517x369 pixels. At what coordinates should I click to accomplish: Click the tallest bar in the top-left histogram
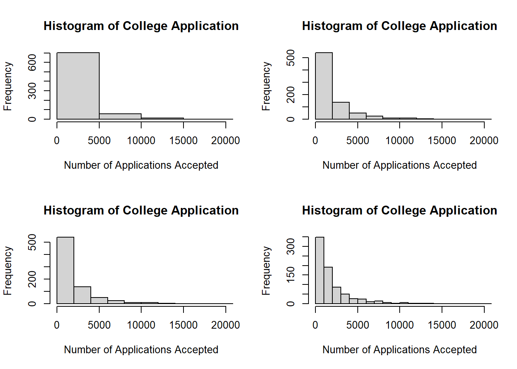(x=78, y=86)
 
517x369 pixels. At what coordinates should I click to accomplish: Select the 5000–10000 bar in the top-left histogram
(x=120, y=116)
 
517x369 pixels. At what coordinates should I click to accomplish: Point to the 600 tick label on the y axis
(x=32, y=62)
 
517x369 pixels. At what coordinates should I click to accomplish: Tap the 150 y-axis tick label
(x=291, y=275)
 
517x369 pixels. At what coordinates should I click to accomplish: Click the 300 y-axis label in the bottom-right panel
(x=291, y=246)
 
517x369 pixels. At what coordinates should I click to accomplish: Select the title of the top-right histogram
(x=399, y=26)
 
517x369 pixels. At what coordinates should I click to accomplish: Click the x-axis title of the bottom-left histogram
(x=141, y=349)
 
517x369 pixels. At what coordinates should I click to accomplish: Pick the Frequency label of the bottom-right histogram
(x=266, y=271)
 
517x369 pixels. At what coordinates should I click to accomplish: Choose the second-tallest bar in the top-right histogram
(x=341, y=111)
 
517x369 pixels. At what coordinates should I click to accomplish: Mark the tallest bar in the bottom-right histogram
(x=320, y=270)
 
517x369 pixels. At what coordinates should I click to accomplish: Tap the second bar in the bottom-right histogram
(x=328, y=285)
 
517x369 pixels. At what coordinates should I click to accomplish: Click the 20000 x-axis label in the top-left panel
(x=225, y=141)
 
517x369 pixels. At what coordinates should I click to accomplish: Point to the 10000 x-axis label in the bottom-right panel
(x=399, y=325)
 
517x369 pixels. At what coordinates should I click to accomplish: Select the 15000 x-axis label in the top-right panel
(x=442, y=141)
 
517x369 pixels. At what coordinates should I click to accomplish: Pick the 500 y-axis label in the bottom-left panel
(x=32, y=242)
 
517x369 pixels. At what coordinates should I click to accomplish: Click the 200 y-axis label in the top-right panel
(x=291, y=95)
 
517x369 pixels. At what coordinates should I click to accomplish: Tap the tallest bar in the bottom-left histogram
(x=65, y=270)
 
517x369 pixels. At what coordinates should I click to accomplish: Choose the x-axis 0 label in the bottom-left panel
(x=57, y=325)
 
